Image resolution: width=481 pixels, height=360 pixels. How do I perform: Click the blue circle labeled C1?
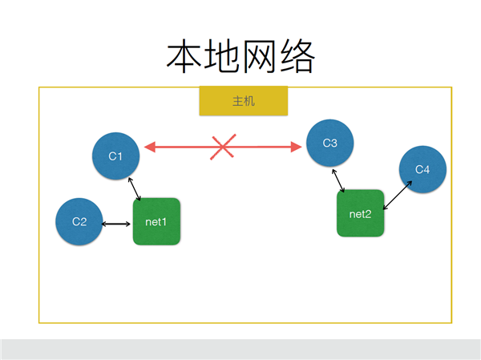point(116,156)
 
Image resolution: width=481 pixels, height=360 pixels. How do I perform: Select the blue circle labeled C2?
point(79,221)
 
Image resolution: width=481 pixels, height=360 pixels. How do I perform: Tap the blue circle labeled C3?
point(330,143)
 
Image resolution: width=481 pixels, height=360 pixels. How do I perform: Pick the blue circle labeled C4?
point(422,169)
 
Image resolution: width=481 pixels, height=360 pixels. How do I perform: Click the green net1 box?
point(156,221)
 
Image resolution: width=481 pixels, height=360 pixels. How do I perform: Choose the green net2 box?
point(361,213)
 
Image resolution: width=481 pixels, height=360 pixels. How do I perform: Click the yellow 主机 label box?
point(244,101)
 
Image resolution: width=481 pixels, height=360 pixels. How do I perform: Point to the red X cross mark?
point(223,147)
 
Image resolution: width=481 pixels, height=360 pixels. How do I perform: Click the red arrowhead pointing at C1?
point(150,147)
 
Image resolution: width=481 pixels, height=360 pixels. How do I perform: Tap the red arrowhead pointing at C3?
point(296,147)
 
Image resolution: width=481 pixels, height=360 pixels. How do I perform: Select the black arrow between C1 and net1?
point(135,189)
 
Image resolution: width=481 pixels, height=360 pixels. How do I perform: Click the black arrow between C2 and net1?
point(116,224)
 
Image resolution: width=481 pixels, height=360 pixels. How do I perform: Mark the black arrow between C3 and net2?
point(338,180)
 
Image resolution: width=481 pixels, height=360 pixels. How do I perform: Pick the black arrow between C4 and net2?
point(398,195)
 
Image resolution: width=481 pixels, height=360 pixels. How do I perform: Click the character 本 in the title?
point(184,56)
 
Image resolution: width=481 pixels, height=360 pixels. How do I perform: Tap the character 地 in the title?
point(221,56)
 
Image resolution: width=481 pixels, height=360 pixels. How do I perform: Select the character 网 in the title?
point(259,56)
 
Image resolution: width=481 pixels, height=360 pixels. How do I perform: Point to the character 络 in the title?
point(297,56)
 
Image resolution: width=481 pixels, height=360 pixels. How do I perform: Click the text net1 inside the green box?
point(156,221)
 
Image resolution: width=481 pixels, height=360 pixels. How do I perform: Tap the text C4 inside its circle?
point(422,169)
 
